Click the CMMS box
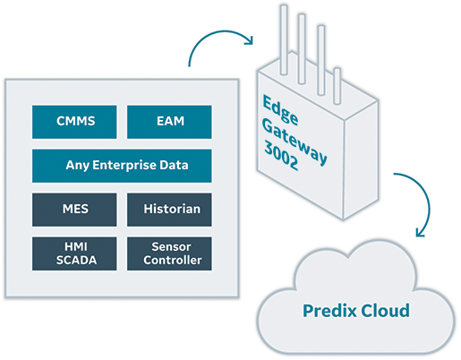pos(74,122)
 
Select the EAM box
pos(169,122)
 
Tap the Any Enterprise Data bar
pos(122,166)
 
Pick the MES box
pos(74,210)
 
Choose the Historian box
pos(169,210)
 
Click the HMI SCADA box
pos(74,253)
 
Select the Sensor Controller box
pos(169,253)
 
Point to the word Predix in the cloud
pos(329,312)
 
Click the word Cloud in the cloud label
pos(385,311)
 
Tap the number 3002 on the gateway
pos(281,156)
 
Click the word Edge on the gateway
pos(280,110)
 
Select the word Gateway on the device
pos(295,141)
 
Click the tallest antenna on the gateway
pos(284,39)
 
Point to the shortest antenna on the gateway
pos(337,86)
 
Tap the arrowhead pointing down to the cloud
pos(421,232)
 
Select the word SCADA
pos(76,261)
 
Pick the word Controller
pos(173,261)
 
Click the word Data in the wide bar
pos(174,165)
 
